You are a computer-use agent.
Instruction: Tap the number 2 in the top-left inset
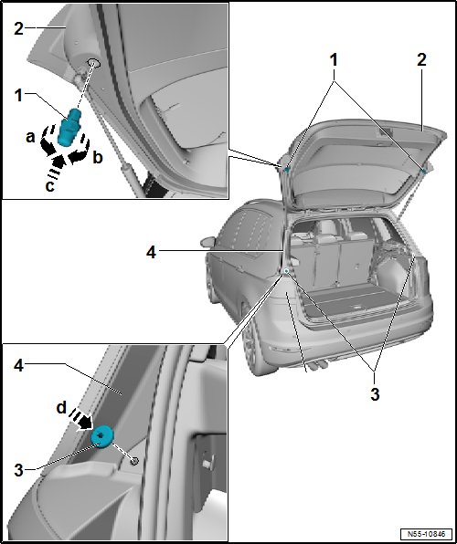pos(18,28)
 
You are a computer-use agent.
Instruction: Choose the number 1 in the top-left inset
pos(18,94)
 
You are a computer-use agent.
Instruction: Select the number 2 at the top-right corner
pos(421,59)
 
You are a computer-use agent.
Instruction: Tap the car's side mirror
pos(205,242)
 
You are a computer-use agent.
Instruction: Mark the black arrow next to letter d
pos(81,422)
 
